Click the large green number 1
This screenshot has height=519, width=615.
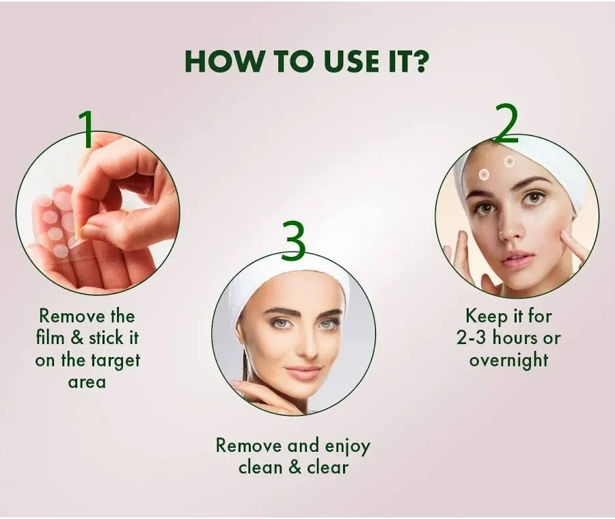coord(87,129)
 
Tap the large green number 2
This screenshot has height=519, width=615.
coord(506,124)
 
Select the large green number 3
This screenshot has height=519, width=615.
coord(293,241)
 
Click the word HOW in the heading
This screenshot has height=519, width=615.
coord(220,61)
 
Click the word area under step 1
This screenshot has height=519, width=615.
coord(87,382)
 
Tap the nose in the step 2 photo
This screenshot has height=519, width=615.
coord(509,229)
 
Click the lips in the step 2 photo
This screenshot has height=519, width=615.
coord(517,258)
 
